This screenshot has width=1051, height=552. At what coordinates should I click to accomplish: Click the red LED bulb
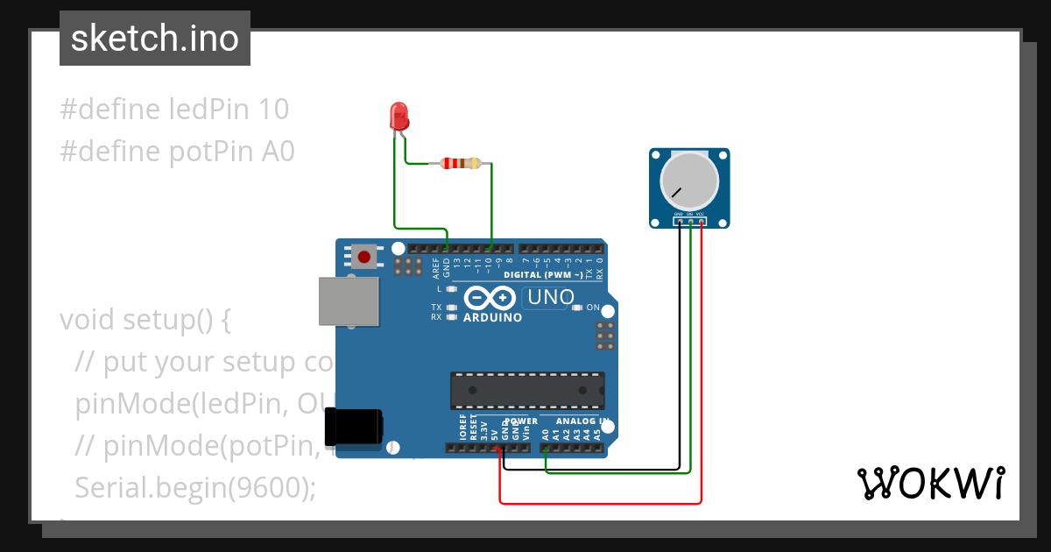(399, 117)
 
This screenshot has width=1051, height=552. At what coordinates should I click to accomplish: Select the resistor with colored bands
(461, 163)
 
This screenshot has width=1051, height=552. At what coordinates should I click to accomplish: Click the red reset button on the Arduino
(363, 257)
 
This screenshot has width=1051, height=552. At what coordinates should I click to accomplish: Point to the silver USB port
(348, 302)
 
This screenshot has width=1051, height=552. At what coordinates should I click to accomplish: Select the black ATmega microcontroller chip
(527, 390)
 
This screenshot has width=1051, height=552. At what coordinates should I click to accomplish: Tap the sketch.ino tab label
(155, 39)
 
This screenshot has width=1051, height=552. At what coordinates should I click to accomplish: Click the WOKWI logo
(930, 483)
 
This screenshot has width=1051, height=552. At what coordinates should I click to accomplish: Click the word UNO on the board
(548, 298)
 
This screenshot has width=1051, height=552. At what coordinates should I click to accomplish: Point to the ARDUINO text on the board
(492, 317)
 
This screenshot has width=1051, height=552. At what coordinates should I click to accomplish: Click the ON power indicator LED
(577, 308)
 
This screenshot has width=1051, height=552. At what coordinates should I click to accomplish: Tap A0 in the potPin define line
(279, 152)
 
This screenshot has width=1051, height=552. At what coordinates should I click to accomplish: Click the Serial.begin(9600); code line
(195, 488)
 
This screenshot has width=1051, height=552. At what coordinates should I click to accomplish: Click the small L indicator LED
(452, 288)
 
